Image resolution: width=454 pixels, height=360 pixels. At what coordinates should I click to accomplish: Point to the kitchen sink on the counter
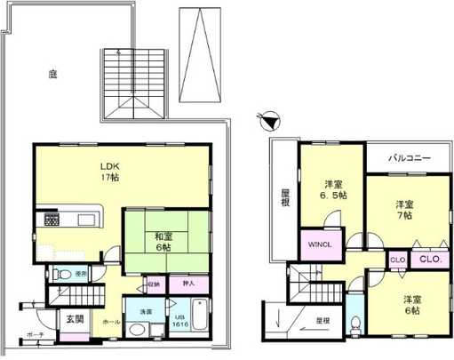86,220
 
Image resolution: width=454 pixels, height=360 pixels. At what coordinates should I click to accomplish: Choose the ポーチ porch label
36,335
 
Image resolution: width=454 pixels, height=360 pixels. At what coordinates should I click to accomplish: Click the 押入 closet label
187,284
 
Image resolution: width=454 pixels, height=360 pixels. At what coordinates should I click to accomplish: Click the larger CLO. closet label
430,260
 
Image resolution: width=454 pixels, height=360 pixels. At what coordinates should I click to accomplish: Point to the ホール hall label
111,322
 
